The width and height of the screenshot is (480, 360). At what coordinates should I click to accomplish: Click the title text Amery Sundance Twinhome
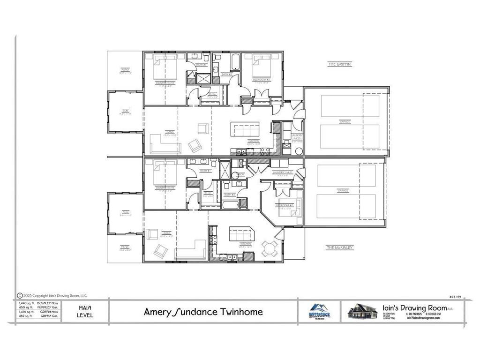(x=203, y=312)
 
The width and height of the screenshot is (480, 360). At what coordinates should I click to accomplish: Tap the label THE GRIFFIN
(x=339, y=64)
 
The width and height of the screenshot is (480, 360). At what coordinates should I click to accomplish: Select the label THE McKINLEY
(x=340, y=247)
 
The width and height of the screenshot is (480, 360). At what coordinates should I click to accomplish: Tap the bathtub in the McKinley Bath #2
(x=230, y=204)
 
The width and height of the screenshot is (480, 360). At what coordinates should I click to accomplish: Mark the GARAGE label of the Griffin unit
(x=346, y=122)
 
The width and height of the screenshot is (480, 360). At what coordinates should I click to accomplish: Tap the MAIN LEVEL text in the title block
(x=85, y=311)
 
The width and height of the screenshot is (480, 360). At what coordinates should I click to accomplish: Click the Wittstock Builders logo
(x=319, y=311)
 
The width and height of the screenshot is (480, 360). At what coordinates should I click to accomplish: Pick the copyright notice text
(x=52, y=296)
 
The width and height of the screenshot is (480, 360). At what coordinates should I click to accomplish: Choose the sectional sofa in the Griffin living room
(x=165, y=144)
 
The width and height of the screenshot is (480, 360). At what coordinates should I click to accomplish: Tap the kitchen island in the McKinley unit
(x=240, y=232)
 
